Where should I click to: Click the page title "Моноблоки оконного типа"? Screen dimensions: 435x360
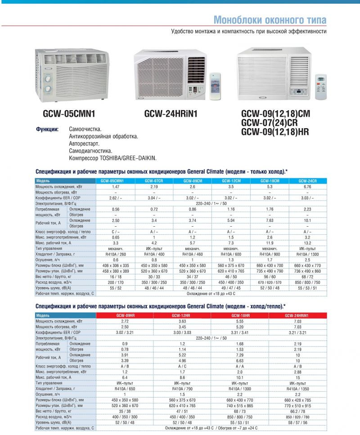click(270, 20)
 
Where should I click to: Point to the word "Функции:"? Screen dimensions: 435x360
click(47, 130)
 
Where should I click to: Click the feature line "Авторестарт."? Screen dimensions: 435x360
click(87, 144)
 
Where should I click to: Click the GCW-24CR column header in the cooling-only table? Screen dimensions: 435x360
click(308, 180)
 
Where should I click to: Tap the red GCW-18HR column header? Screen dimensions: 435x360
click(240, 315)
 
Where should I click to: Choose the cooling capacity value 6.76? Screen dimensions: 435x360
click(308, 186)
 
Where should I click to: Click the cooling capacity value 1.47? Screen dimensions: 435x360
click(115, 186)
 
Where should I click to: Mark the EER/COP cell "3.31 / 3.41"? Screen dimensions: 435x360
click(240, 332)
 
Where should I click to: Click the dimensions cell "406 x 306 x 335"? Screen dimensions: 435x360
click(115, 265)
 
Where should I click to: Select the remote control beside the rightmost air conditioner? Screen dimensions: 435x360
click(320, 86)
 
